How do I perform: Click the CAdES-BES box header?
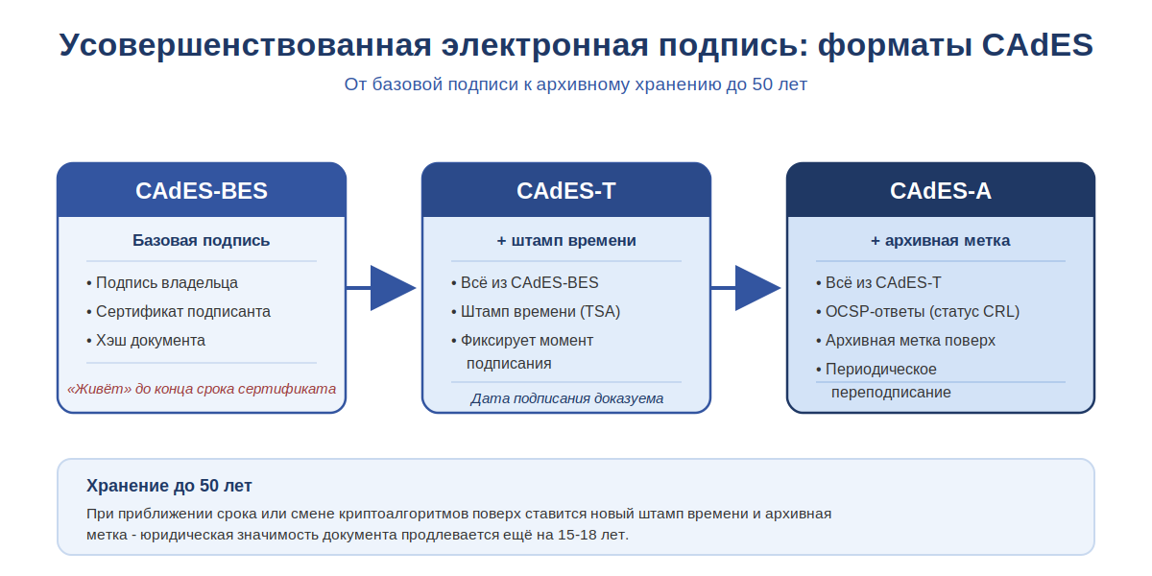pyautogui.click(x=202, y=190)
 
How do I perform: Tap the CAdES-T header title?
pyautogui.click(x=566, y=191)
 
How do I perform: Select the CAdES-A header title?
pyautogui.click(x=941, y=191)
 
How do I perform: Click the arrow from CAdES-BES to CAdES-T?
pyautogui.click(x=381, y=288)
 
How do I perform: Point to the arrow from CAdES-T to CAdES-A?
pyautogui.click(x=746, y=288)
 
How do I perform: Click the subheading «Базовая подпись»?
pyautogui.click(x=201, y=240)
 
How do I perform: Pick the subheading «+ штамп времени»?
pyautogui.click(x=566, y=240)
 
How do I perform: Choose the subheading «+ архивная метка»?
pyautogui.click(x=941, y=240)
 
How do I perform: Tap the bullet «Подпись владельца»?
pyautogui.click(x=162, y=282)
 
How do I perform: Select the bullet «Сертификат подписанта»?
pyautogui.click(x=179, y=311)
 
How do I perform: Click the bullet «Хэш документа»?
pyautogui.click(x=146, y=340)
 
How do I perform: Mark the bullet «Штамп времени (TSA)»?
pyautogui.click(x=536, y=311)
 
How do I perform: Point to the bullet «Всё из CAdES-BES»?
pyautogui.click(x=524, y=282)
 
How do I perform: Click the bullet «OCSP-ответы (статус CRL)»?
pyautogui.click(x=918, y=311)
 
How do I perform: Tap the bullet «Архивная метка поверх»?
pyautogui.click(x=905, y=340)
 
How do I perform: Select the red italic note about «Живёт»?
pyautogui.click(x=202, y=389)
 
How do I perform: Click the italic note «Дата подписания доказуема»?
pyautogui.click(x=566, y=398)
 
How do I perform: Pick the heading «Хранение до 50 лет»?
pyautogui.click(x=169, y=486)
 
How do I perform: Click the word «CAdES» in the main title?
pyautogui.click(x=1038, y=45)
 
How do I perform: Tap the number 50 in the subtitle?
pyautogui.click(x=762, y=84)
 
